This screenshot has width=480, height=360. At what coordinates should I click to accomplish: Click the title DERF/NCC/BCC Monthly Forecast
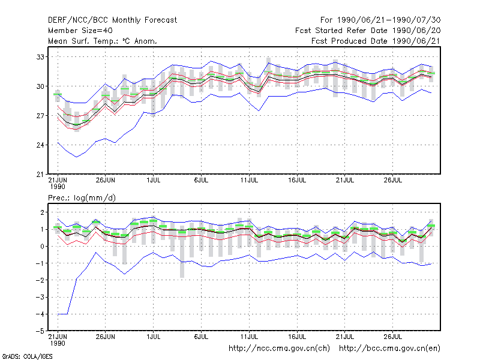coord(112,20)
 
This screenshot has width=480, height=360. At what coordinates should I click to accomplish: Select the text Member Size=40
coord(80,31)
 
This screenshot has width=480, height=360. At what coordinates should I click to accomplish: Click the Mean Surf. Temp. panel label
coord(103,41)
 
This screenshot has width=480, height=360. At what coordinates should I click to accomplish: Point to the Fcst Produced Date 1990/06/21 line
coord(376,41)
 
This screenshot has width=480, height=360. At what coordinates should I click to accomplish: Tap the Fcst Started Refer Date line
coord(368,31)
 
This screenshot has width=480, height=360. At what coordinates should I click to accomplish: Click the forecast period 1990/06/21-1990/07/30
coord(389,20)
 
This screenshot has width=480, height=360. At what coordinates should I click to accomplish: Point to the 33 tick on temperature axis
coord(40,57)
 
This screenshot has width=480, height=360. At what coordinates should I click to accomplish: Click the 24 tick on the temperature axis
coord(40,145)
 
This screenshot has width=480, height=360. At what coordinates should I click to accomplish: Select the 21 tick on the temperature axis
coord(40,175)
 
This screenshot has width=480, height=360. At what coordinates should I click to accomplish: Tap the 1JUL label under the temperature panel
coord(154,180)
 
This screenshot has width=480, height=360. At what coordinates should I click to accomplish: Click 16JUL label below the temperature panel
coord(297,180)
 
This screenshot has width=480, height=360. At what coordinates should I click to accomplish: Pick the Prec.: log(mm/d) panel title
coord(82,198)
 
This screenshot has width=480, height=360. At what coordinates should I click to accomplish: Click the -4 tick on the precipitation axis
coord(40,314)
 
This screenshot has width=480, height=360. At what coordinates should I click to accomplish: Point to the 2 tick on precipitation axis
coord(42,212)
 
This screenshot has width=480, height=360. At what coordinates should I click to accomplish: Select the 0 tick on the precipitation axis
coord(42,247)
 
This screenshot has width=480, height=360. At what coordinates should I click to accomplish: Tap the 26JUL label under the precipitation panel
coord(393,337)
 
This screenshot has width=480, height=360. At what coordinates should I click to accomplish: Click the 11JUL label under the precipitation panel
coord(249,337)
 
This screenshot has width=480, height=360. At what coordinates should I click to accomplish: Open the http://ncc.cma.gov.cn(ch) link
coord(279,349)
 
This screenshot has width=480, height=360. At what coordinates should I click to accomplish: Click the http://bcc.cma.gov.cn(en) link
coord(389,349)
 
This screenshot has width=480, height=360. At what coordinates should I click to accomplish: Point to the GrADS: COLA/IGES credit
coord(28,356)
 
